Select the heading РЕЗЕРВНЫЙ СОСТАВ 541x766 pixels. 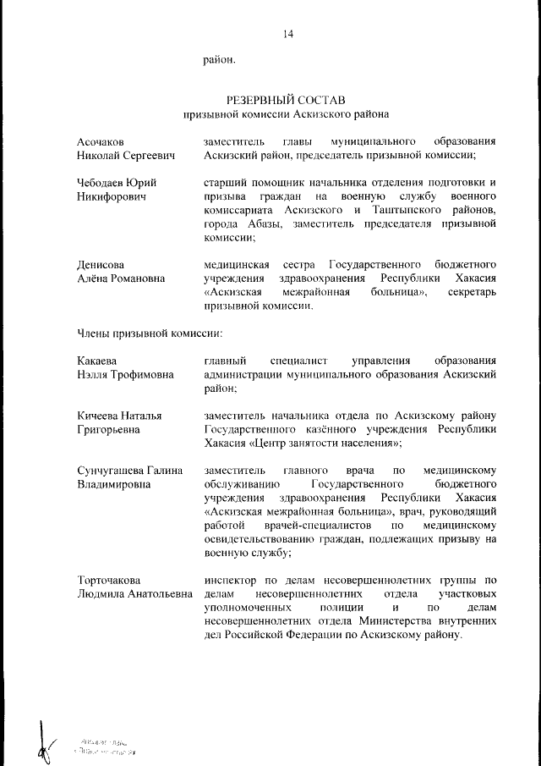tap(287, 100)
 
